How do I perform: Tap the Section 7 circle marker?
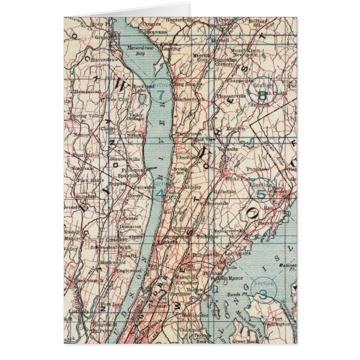click(x=160, y=95)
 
